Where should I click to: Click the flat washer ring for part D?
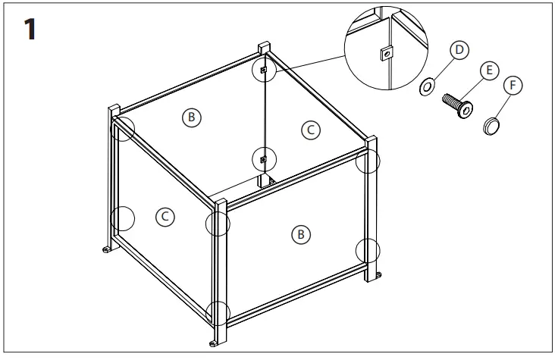(x=427, y=87)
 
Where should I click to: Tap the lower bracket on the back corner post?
(x=263, y=159)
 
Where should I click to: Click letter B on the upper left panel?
(x=192, y=117)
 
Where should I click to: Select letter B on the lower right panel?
(x=301, y=235)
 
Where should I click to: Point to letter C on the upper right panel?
(x=309, y=130)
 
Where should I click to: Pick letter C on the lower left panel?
(x=164, y=217)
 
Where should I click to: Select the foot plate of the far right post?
(x=378, y=274)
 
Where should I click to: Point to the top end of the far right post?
(x=371, y=139)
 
